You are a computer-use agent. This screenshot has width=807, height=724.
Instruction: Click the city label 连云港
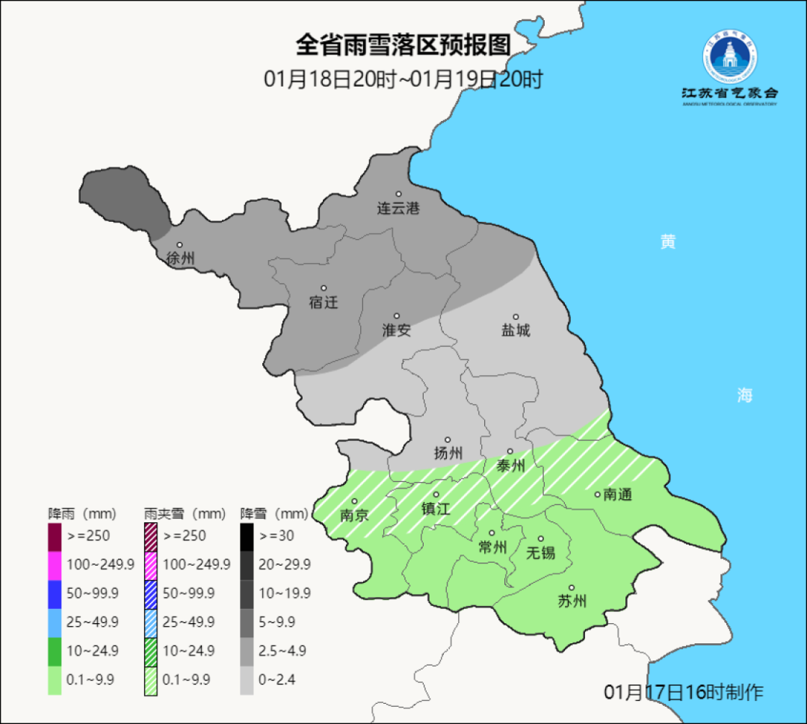point(398,208)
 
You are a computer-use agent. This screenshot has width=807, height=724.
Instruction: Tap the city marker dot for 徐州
point(179,245)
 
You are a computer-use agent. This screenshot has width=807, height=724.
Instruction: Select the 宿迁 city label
point(324,303)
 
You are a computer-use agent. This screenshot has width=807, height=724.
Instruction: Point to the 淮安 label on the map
point(397,330)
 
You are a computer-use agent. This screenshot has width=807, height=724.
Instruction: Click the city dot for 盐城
point(515,317)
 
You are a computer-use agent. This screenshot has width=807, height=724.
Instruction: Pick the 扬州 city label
point(448,453)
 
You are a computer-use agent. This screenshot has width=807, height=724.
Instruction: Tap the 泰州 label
point(511,465)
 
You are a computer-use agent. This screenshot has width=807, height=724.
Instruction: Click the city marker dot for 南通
point(597,494)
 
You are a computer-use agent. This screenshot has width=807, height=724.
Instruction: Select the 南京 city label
point(355,515)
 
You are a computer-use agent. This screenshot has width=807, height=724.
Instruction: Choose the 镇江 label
point(436,508)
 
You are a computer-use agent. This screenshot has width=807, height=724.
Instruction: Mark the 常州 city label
point(492,548)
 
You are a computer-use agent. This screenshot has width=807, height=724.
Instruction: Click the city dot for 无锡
point(540,539)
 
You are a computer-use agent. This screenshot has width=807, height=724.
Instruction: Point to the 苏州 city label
point(572,601)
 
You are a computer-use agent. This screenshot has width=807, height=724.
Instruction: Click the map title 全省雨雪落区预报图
point(403,45)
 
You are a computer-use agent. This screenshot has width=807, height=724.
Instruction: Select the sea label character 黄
point(667,241)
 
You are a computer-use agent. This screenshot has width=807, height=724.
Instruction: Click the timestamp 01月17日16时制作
point(684,692)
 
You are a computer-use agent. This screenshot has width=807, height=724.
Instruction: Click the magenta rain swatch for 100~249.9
point(55,564)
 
